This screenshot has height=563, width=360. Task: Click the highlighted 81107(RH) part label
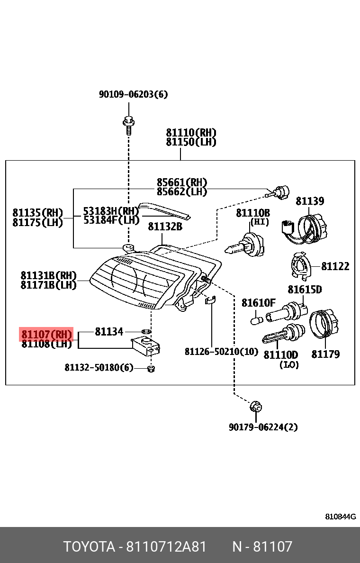coord(46,334)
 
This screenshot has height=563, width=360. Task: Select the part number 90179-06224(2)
coord(263,427)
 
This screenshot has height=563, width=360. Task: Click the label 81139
coord(310,201)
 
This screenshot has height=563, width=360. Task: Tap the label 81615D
coord(305,290)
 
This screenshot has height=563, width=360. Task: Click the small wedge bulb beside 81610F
coord(256,320)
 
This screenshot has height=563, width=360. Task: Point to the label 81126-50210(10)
coord(221,351)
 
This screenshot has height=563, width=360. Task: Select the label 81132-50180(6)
coord(99,367)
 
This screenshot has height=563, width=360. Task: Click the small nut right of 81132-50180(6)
coord(151,368)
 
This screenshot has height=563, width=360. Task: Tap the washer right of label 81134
coord(146,330)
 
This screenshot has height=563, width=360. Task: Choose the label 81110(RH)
coord(191,133)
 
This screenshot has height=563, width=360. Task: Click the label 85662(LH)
coord(182,191)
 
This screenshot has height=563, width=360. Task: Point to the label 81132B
coord(165,227)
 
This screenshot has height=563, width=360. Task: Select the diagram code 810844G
coord(340,516)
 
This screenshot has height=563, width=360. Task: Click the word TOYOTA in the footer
coord(90,546)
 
